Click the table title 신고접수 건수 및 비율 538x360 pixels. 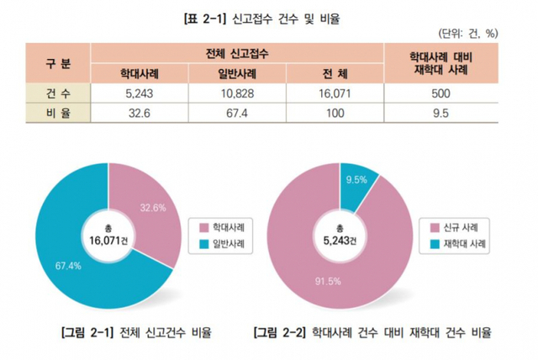[x=268, y=18]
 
